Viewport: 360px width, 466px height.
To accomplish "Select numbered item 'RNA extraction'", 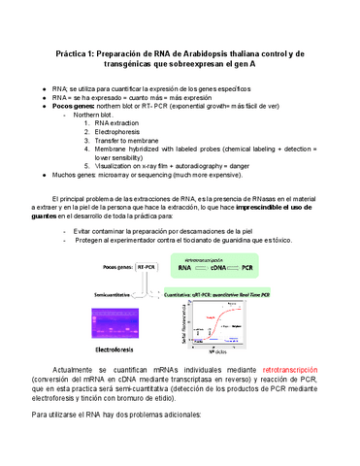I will coord(115,123).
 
